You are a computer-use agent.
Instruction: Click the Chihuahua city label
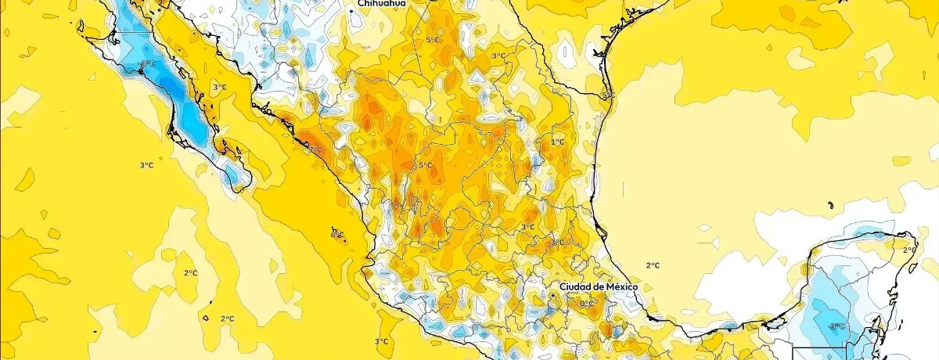pyautogui.click(x=382, y=4)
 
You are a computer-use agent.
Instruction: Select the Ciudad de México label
pyautogui.click(x=599, y=287)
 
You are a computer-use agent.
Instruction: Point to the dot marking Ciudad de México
pyautogui.click(x=554, y=295)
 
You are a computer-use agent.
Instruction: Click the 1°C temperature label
pyautogui.click(x=557, y=142)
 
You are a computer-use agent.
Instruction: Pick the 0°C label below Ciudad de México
pyautogui.click(x=586, y=303)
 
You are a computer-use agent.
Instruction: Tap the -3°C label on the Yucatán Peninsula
pyautogui.click(x=836, y=326)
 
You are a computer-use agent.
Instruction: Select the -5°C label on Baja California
pyautogui.click(x=146, y=64)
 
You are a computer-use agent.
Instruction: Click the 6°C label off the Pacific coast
pyautogui.click(x=337, y=234)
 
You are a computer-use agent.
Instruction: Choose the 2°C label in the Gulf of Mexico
pyautogui.click(x=653, y=265)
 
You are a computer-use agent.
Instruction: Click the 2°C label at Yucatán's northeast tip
pyautogui.click(x=909, y=250)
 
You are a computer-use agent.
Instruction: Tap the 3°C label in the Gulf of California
pyautogui.click(x=220, y=88)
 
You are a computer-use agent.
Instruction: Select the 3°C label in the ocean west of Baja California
pyautogui.click(x=146, y=165)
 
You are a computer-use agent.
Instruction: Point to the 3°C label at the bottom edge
pyautogui.click(x=381, y=341)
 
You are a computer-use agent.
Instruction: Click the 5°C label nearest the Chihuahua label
pyautogui.click(x=433, y=40)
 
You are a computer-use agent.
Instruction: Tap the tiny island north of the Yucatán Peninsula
pyautogui.click(x=828, y=205)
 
